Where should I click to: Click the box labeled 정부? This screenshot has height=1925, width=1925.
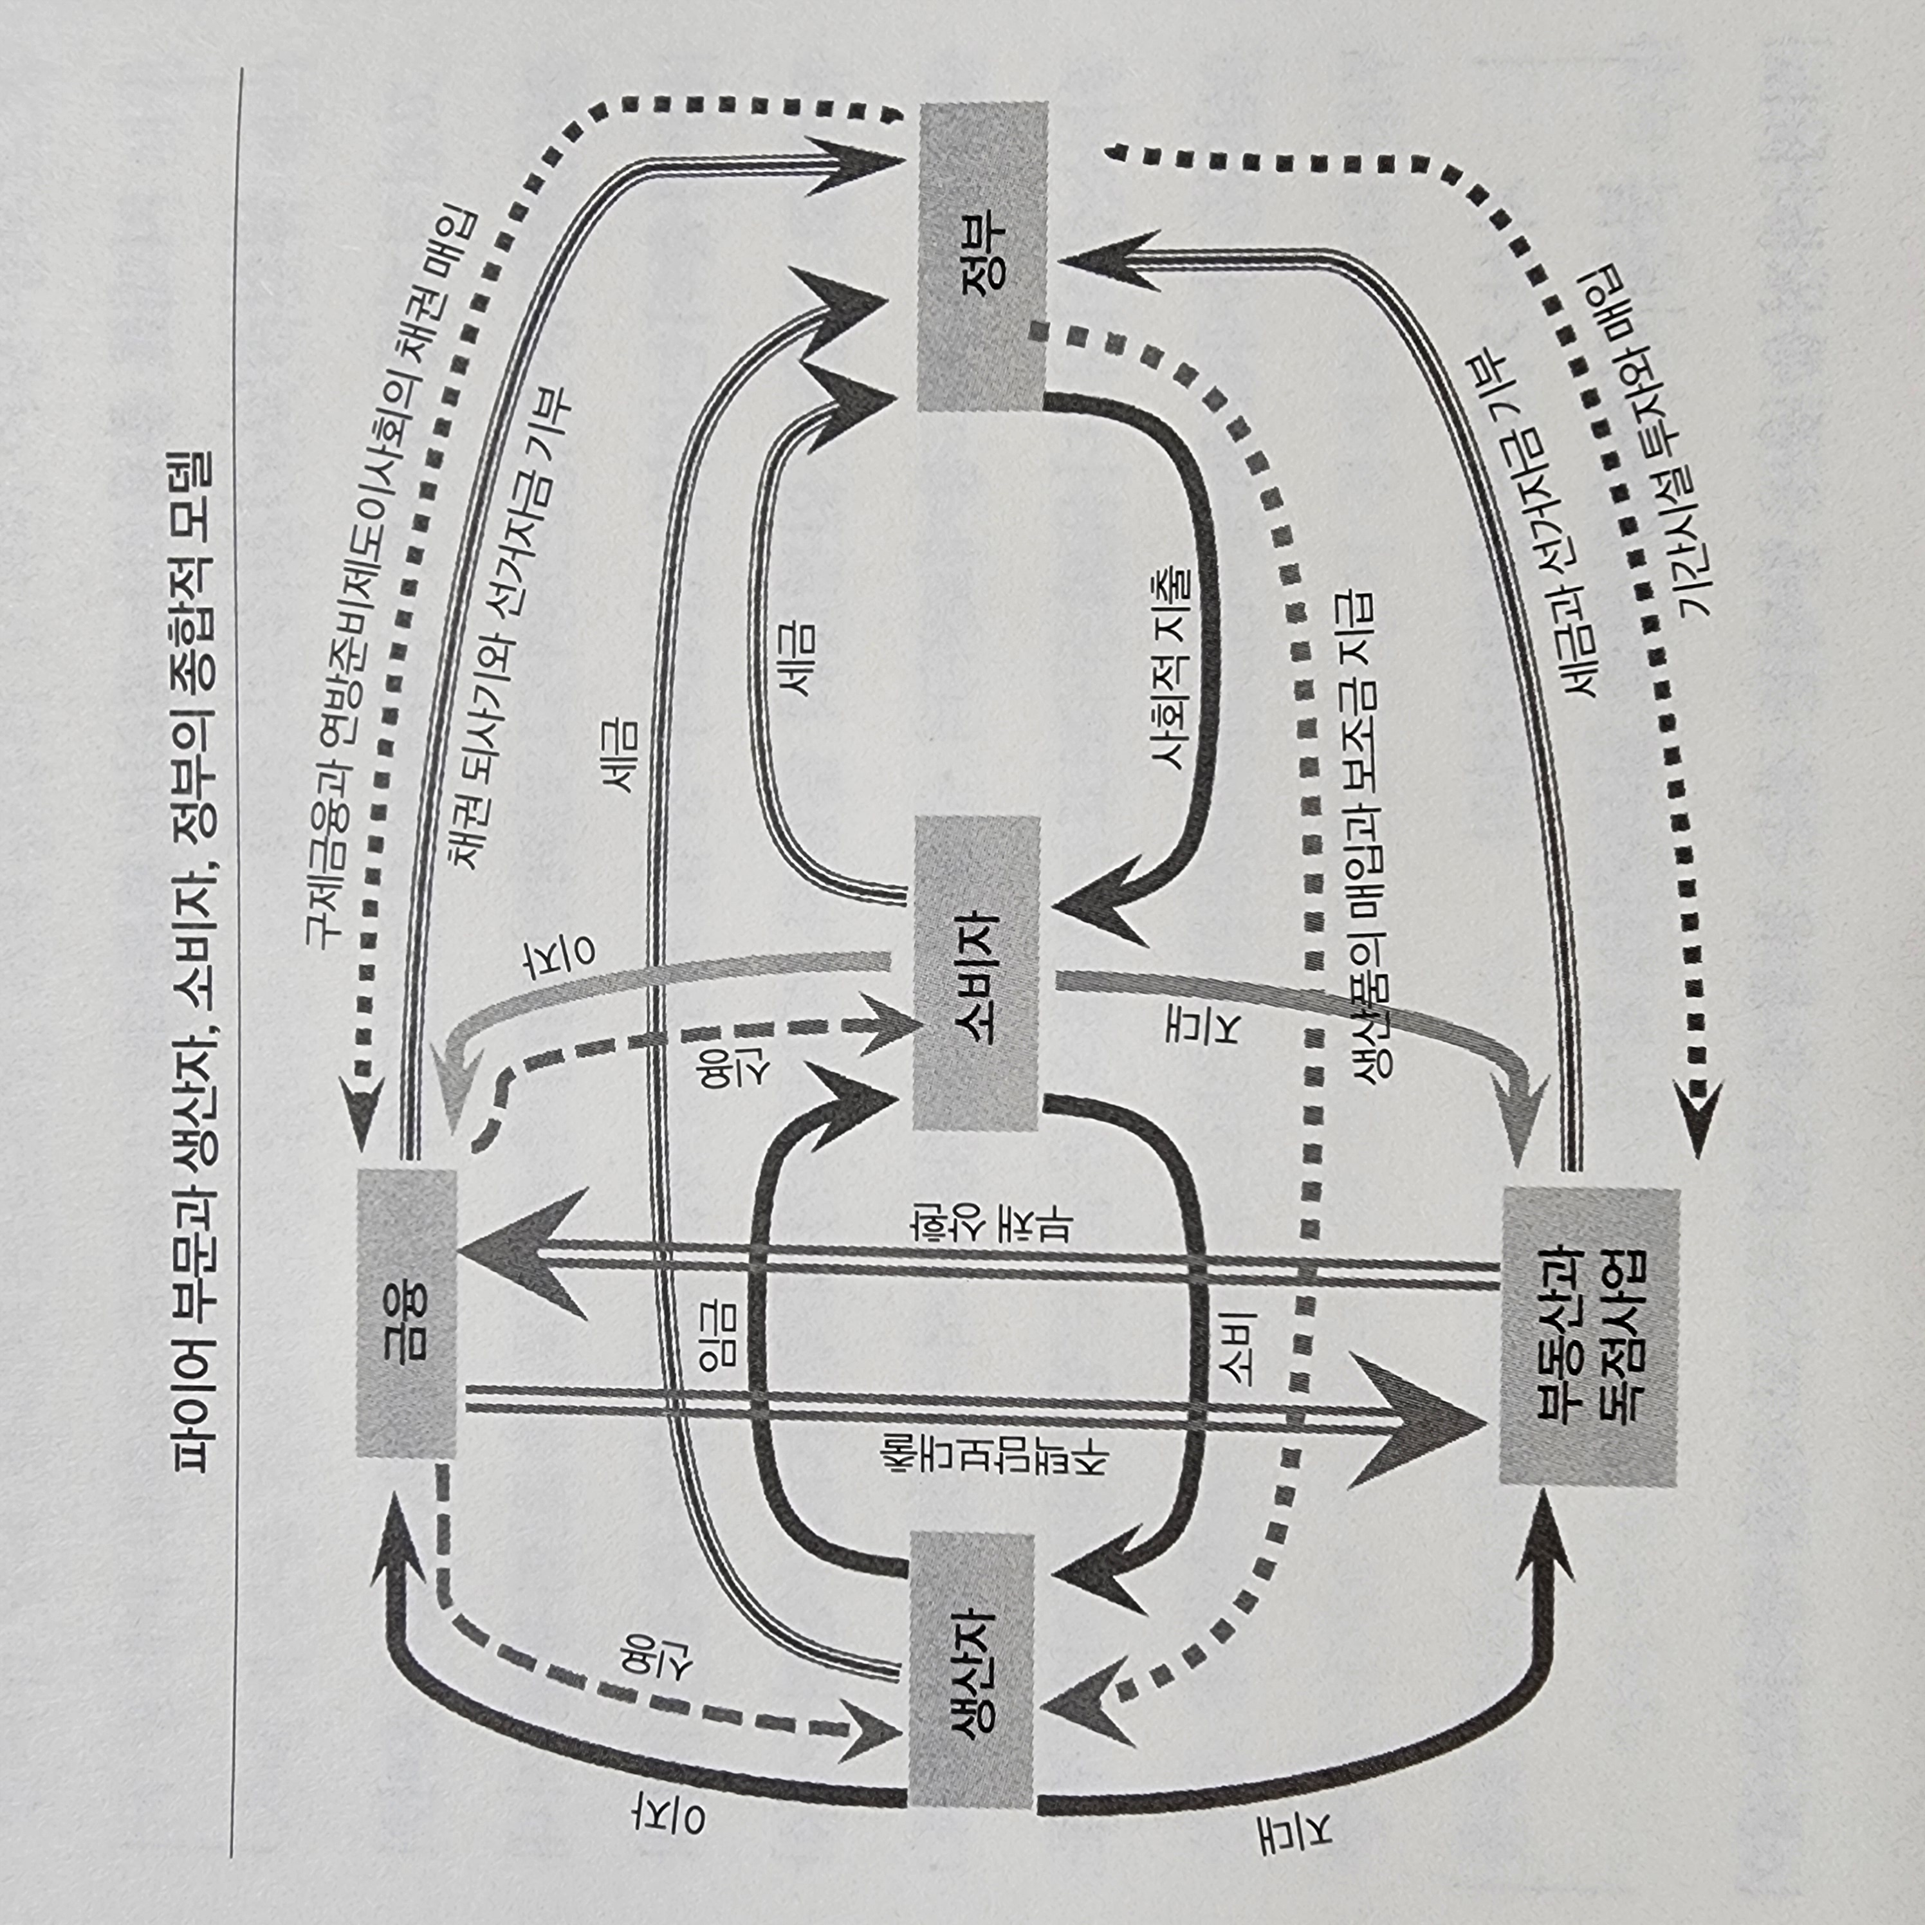pyautogui.click(x=981, y=256)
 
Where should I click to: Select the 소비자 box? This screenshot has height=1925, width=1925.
pyautogui.click(x=977, y=973)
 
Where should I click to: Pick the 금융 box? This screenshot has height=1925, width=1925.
pyautogui.click(x=407, y=1313)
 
